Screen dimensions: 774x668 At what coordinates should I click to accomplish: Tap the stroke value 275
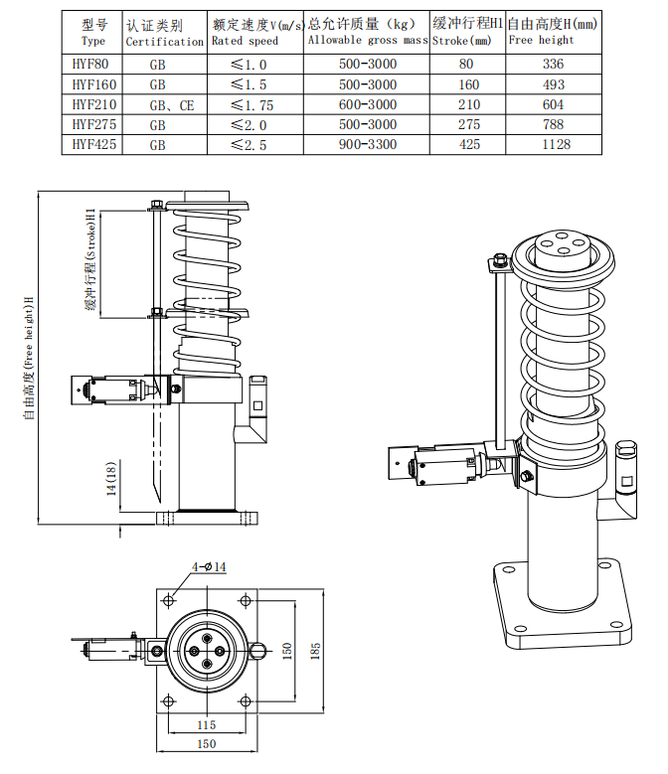click(x=469, y=124)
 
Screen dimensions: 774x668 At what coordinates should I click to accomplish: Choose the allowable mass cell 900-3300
click(x=367, y=144)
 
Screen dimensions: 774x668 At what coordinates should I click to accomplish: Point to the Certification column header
click(x=165, y=33)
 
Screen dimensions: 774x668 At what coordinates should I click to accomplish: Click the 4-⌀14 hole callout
click(x=210, y=566)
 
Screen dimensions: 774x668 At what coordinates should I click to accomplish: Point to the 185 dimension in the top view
click(x=316, y=652)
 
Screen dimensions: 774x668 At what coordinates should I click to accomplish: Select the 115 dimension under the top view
click(x=206, y=724)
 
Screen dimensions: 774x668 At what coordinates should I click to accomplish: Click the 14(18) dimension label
click(x=113, y=480)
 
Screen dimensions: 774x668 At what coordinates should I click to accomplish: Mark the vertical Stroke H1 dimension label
click(x=88, y=261)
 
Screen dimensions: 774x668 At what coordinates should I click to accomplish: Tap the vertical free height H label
click(x=29, y=358)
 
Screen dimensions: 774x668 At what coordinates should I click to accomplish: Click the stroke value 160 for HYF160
click(x=469, y=84)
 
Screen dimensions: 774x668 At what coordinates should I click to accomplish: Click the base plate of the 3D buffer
click(x=562, y=622)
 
